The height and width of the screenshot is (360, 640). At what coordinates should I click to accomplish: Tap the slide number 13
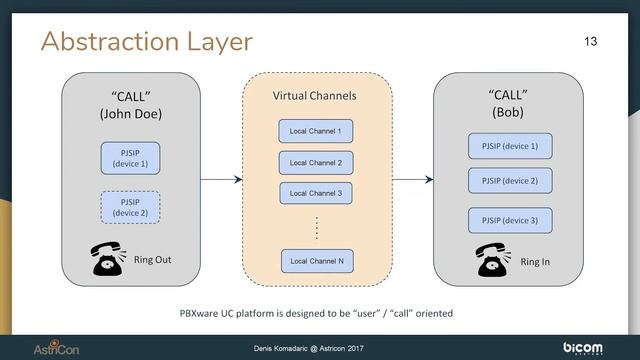[x=589, y=41]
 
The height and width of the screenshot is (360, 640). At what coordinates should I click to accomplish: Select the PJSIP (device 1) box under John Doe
[x=131, y=157]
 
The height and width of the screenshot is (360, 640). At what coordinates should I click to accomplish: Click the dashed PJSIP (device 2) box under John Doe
[x=131, y=206]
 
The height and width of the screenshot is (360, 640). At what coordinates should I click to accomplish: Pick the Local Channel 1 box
[x=315, y=131]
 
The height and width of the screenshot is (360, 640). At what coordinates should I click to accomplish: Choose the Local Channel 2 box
[x=315, y=162]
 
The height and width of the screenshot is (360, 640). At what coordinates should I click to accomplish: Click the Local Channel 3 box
[x=315, y=192]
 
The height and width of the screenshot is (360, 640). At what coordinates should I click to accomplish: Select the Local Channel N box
[x=315, y=261]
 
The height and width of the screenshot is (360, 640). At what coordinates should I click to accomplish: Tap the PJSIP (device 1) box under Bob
[x=510, y=147]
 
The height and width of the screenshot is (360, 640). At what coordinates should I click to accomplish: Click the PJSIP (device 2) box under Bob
[x=510, y=181]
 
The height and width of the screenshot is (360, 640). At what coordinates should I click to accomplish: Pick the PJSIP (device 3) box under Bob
[x=510, y=220]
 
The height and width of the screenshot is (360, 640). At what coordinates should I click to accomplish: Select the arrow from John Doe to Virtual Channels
[x=221, y=180]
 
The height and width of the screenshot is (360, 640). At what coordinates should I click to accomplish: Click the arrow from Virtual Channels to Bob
[x=412, y=180]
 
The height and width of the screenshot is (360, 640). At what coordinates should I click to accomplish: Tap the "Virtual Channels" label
[x=315, y=96]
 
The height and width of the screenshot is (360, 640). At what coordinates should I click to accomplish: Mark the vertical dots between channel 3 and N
[x=316, y=226]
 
